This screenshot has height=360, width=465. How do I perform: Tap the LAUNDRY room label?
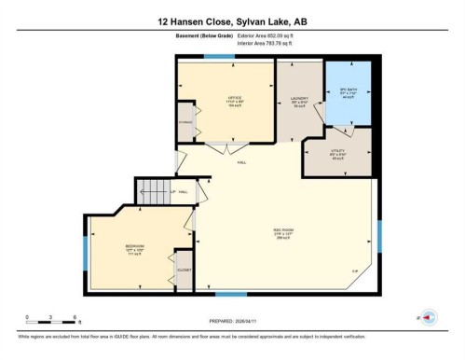click(299, 100)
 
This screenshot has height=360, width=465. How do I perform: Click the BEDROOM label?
click(134, 250)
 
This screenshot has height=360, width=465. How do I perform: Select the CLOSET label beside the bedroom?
click(184, 270)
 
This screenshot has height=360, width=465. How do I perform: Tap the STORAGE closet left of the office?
click(185, 123)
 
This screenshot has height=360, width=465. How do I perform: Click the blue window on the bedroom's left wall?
click(86, 249)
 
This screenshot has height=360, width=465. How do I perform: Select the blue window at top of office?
click(218, 58)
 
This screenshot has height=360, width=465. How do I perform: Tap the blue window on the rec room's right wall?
click(379, 235)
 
